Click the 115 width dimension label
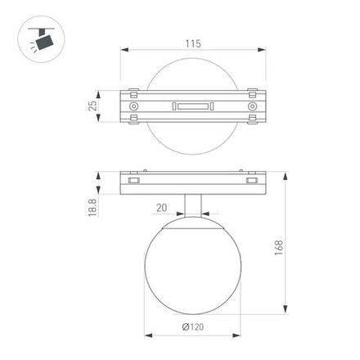(193, 43)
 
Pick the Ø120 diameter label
(192, 326)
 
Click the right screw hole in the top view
(250, 106)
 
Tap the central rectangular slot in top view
(193, 106)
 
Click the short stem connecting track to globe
(192, 205)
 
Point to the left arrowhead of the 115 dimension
(124, 51)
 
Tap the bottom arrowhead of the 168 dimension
(286, 312)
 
